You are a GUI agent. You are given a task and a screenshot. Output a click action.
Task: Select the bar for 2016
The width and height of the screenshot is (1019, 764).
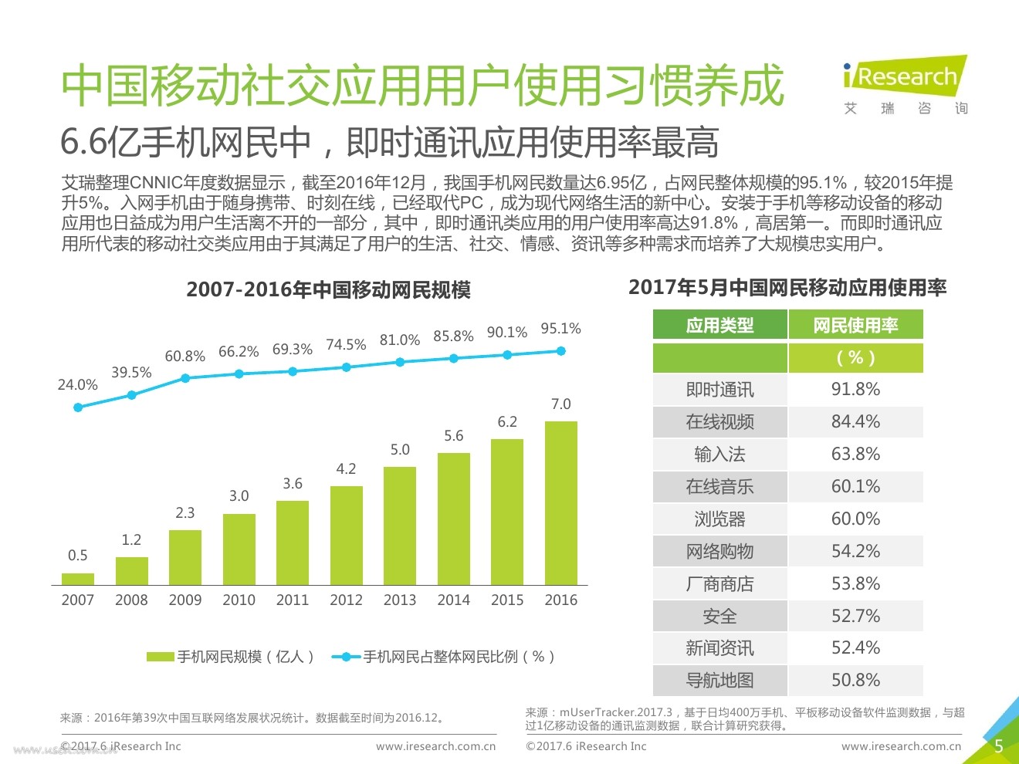(x=560, y=502)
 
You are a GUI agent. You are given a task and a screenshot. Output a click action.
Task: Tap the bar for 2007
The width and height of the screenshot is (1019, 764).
(x=78, y=579)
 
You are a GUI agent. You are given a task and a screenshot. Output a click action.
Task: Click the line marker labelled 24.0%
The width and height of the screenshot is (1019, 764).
(x=78, y=407)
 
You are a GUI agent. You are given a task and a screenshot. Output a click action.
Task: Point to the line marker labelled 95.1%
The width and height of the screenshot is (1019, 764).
(x=561, y=351)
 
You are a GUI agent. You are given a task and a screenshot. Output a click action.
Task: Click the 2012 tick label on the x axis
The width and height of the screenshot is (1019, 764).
(x=346, y=600)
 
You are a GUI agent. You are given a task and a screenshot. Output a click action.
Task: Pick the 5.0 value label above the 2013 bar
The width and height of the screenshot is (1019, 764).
(x=400, y=450)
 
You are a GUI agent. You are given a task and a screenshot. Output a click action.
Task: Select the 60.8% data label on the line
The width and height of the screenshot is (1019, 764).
(x=185, y=357)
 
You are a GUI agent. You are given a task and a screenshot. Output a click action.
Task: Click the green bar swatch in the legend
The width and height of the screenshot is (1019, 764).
(x=161, y=657)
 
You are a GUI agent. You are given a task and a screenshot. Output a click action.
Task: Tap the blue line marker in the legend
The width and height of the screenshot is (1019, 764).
(x=347, y=657)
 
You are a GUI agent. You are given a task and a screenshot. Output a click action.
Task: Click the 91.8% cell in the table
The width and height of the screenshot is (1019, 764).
(x=855, y=390)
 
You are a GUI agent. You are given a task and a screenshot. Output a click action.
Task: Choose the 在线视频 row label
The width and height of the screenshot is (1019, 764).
(x=719, y=422)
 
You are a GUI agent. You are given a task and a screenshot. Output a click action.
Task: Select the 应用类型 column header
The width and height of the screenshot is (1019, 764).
(x=719, y=326)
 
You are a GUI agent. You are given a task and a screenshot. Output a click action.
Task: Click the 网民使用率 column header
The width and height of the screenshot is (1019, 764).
(x=855, y=326)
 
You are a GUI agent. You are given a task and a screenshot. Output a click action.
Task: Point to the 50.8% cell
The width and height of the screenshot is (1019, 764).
(x=855, y=681)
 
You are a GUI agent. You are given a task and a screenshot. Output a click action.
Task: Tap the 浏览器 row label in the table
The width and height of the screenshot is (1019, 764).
(x=719, y=519)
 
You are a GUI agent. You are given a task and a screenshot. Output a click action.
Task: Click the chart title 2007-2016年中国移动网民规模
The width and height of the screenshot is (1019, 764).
(x=328, y=290)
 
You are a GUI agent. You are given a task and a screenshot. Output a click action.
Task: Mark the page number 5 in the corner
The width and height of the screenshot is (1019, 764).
(x=998, y=746)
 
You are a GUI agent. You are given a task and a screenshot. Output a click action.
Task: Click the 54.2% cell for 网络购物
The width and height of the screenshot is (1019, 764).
(x=855, y=552)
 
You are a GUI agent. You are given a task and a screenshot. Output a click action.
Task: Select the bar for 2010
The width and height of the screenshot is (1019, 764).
(x=239, y=549)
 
